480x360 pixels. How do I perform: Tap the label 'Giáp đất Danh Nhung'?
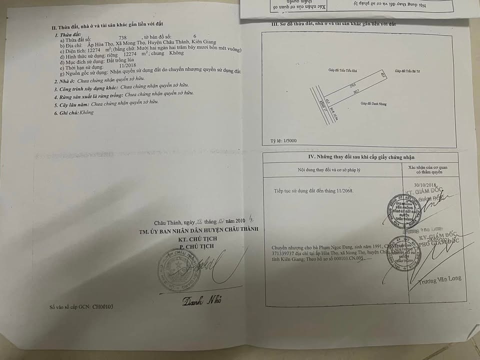point(374,104)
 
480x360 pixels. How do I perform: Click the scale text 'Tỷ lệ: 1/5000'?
point(283,141)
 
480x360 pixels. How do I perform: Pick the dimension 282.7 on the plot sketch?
point(355,90)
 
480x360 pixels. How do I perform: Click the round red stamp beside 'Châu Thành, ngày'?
point(173,270)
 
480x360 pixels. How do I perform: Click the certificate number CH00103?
point(103,306)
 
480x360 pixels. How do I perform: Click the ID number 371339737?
point(285,253)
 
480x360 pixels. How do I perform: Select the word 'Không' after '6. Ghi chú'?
point(86,113)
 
